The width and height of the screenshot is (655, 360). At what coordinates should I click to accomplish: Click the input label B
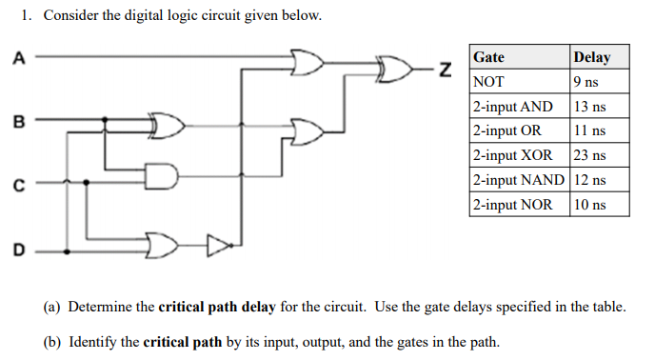click(x=16, y=121)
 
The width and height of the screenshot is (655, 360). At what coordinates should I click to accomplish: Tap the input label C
click(x=17, y=185)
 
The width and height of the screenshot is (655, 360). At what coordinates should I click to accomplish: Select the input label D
click(x=17, y=250)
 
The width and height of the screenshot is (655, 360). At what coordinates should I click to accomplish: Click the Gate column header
click(x=489, y=57)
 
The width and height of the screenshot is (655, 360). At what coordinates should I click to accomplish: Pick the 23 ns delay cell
click(x=591, y=155)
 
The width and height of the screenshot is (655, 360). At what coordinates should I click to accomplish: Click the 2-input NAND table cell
click(x=519, y=180)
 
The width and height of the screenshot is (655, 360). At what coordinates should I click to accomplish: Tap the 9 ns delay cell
click(x=586, y=82)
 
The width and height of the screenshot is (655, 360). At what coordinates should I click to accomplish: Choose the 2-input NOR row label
click(x=512, y=204)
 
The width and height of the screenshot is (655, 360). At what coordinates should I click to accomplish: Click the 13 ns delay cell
click(x=591, y=107)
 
